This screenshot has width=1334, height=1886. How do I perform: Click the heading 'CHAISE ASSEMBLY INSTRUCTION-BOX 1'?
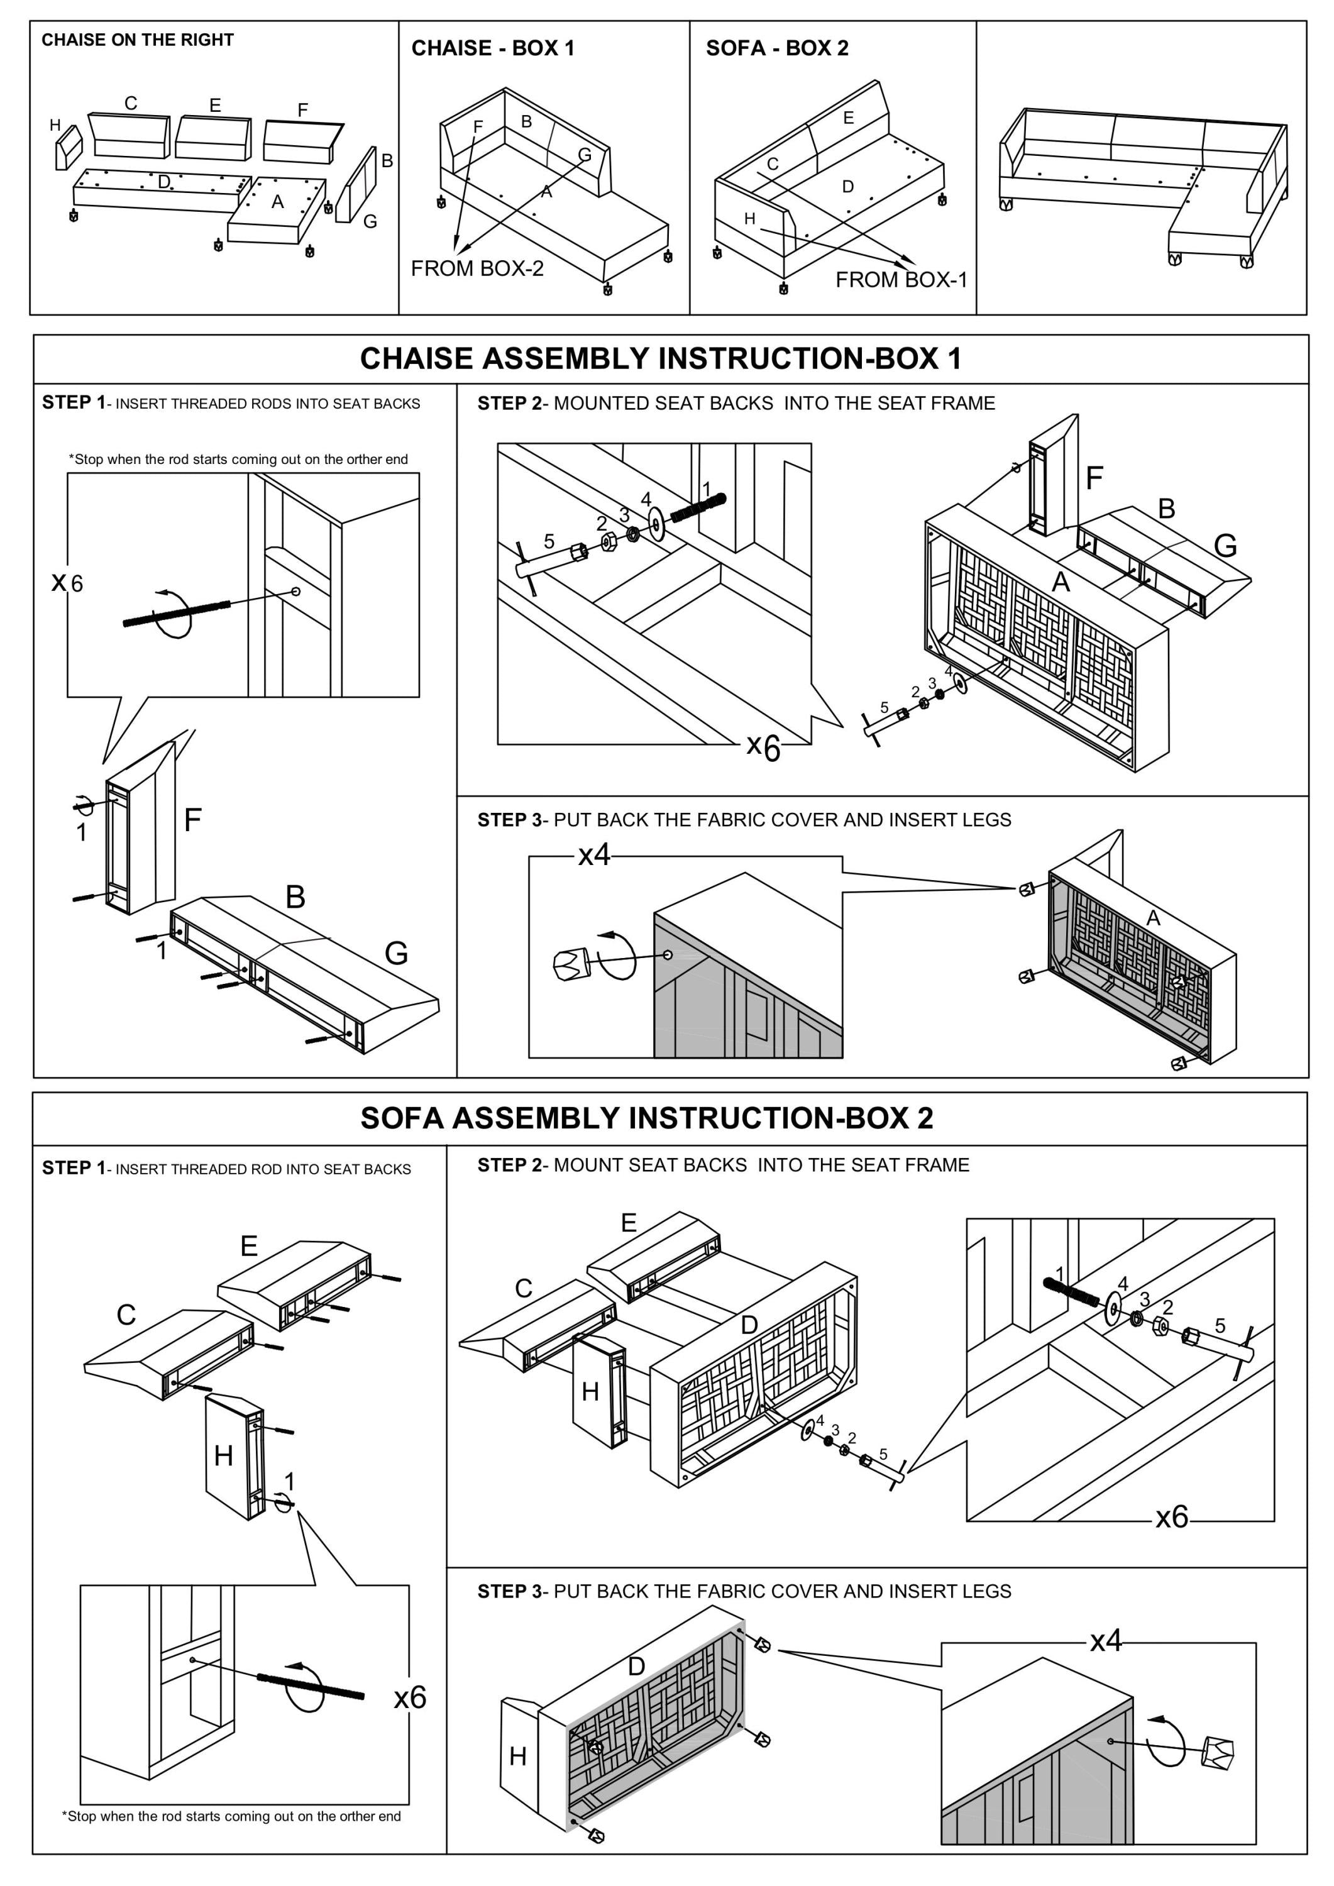(661, 359)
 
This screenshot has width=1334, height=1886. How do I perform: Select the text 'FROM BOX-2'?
(477, 268)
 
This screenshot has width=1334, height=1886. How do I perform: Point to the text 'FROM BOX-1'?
(901, 280)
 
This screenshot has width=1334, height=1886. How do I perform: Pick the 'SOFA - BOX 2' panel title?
(776, 48)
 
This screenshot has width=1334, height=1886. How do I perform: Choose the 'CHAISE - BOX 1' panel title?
(492, 48)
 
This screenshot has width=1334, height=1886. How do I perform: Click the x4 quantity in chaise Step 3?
(594, 855)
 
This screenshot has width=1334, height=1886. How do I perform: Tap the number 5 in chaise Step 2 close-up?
(549, 541)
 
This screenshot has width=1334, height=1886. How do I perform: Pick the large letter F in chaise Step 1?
(192, 820)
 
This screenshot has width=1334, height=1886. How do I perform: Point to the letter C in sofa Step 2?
(523, 1288)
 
